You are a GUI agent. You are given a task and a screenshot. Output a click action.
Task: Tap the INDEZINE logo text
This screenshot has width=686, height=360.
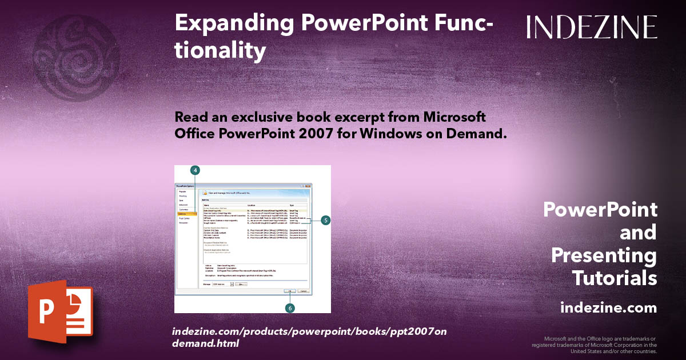[592, 27]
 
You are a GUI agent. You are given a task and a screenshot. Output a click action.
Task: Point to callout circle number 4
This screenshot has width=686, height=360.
[195, 170]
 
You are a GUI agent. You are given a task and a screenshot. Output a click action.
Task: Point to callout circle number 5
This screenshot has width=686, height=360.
[325, 220]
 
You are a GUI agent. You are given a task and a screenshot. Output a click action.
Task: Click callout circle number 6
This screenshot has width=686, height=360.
[290, 307]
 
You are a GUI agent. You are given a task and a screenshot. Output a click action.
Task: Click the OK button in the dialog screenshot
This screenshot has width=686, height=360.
[290, 291]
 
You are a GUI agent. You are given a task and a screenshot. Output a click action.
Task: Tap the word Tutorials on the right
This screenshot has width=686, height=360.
[615, 278]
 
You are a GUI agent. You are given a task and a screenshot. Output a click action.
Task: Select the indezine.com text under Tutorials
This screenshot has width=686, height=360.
[608, 307]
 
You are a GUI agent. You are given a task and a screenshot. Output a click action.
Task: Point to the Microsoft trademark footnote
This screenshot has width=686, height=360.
[595, 345]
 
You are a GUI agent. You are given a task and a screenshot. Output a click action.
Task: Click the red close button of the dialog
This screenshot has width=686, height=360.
[309, 187]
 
